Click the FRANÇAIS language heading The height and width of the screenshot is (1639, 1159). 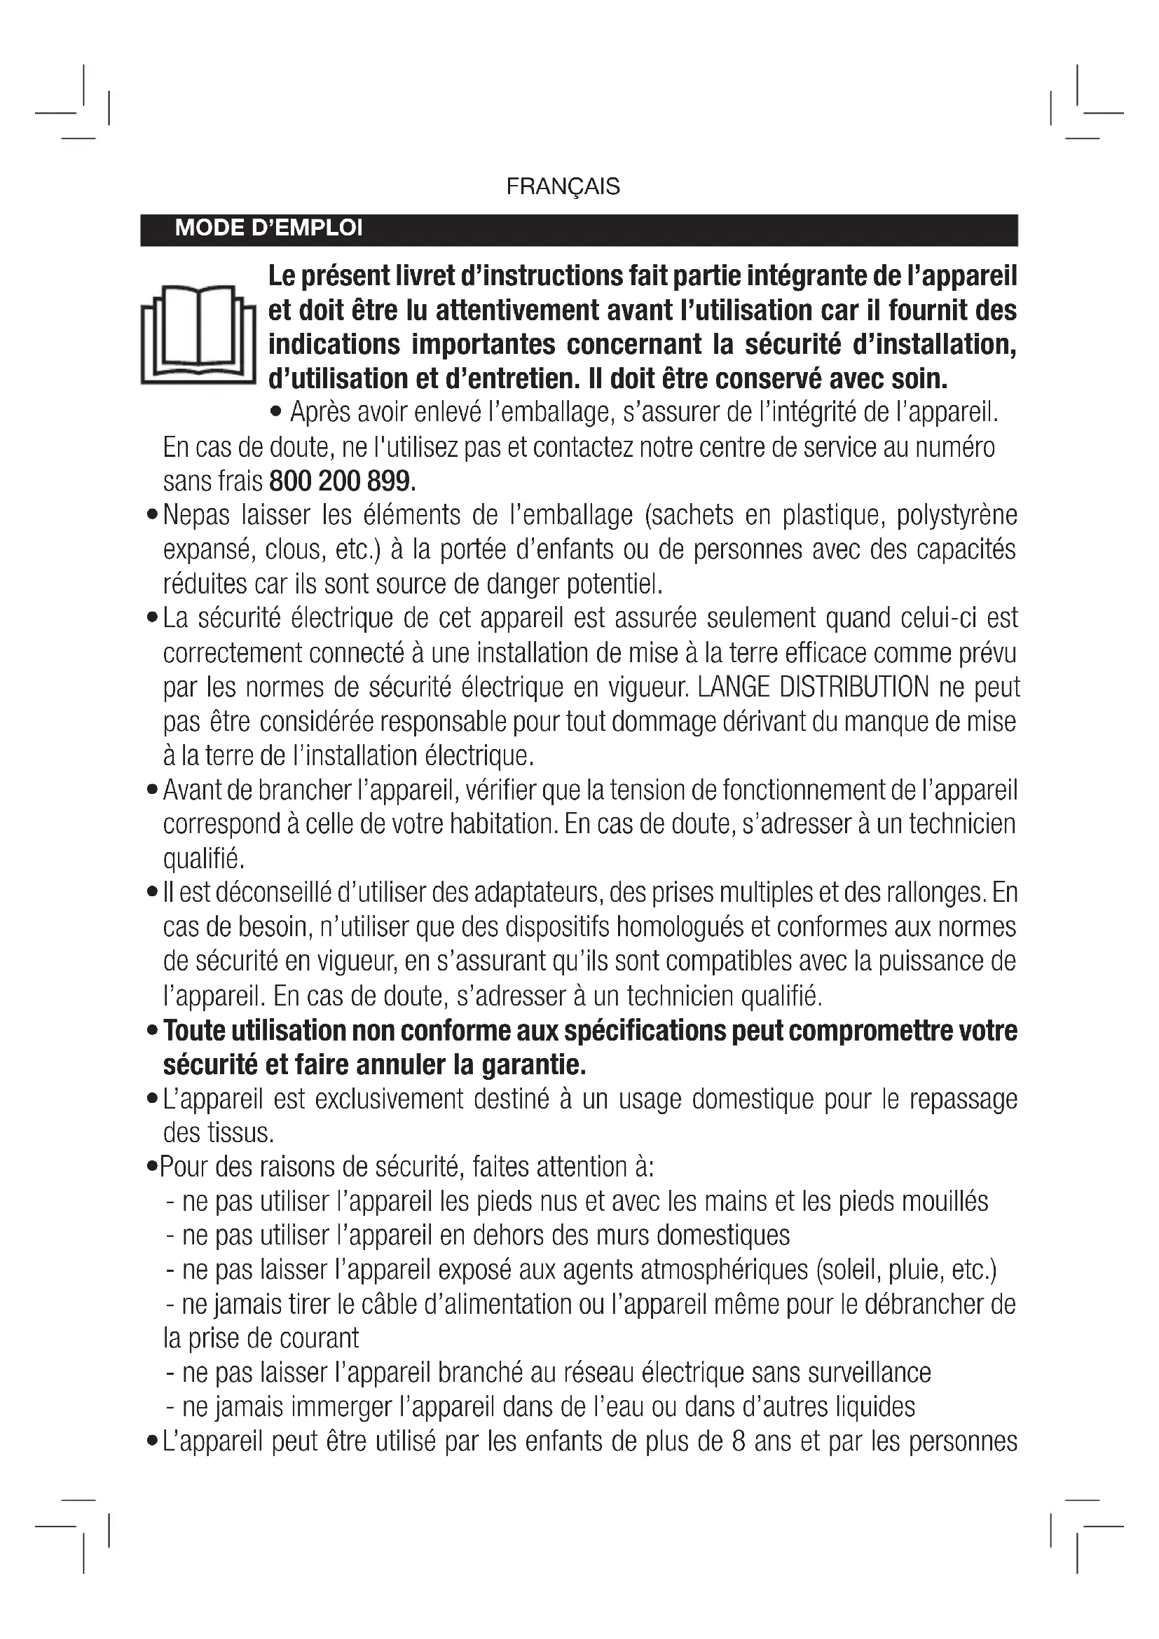(x=563, y=187)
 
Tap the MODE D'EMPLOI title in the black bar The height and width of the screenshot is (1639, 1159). (x=268, y=228)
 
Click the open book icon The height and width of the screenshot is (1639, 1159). (x=198, y=334)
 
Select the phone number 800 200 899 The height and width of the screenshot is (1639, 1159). (x=341, y=482)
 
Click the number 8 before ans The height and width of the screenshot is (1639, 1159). (x=739, y=1441)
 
